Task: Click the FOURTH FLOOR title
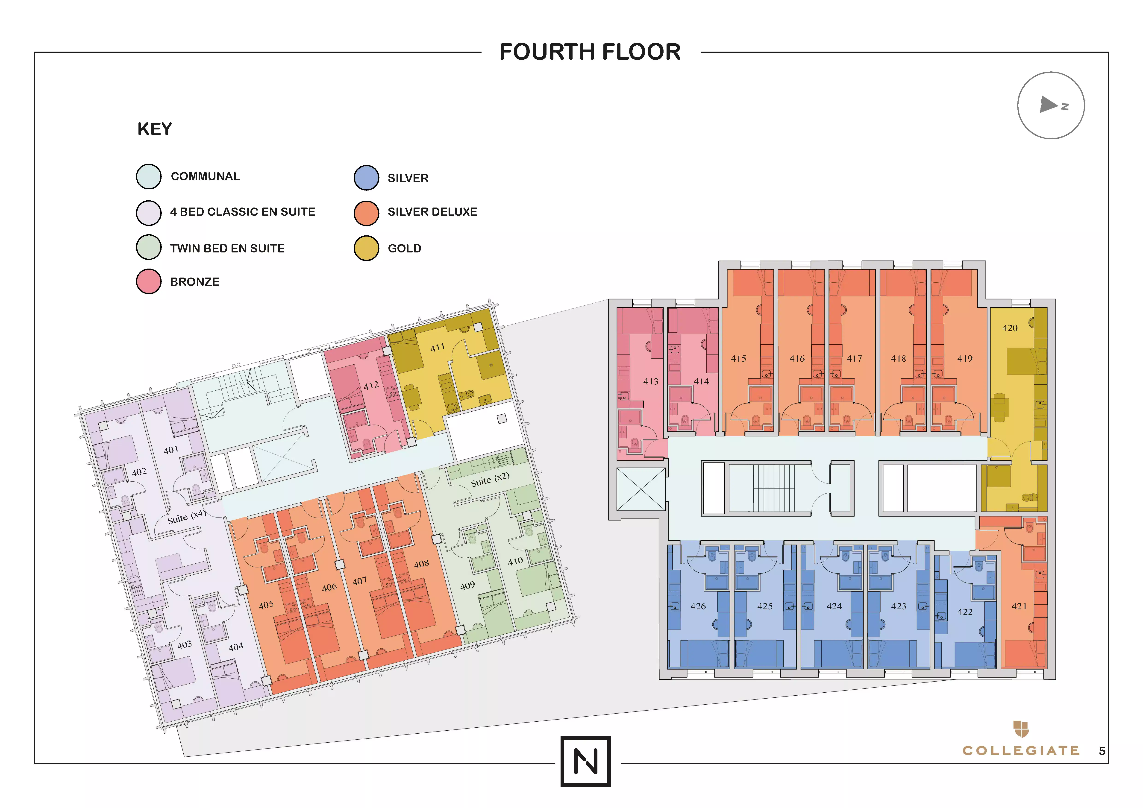click(x=590, y=52)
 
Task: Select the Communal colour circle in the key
click(x=149, y=177)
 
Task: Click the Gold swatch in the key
click(x=366, y=248)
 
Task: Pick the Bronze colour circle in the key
click(x=149, y=282)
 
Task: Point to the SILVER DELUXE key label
click(x=432, y=212)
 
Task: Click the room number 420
click(x=1010, y=328)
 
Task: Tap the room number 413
click(x=651, y=382)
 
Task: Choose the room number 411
click(x=438, y=347)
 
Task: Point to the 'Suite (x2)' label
click(x=490, y=479)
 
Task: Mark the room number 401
click(x=171, y=450)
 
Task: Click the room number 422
click(x=965, y=612)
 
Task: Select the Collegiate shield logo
click(x=1021, y=729)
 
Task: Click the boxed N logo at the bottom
click(x=585, y=761)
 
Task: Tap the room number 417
click(x=854, y=359)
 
